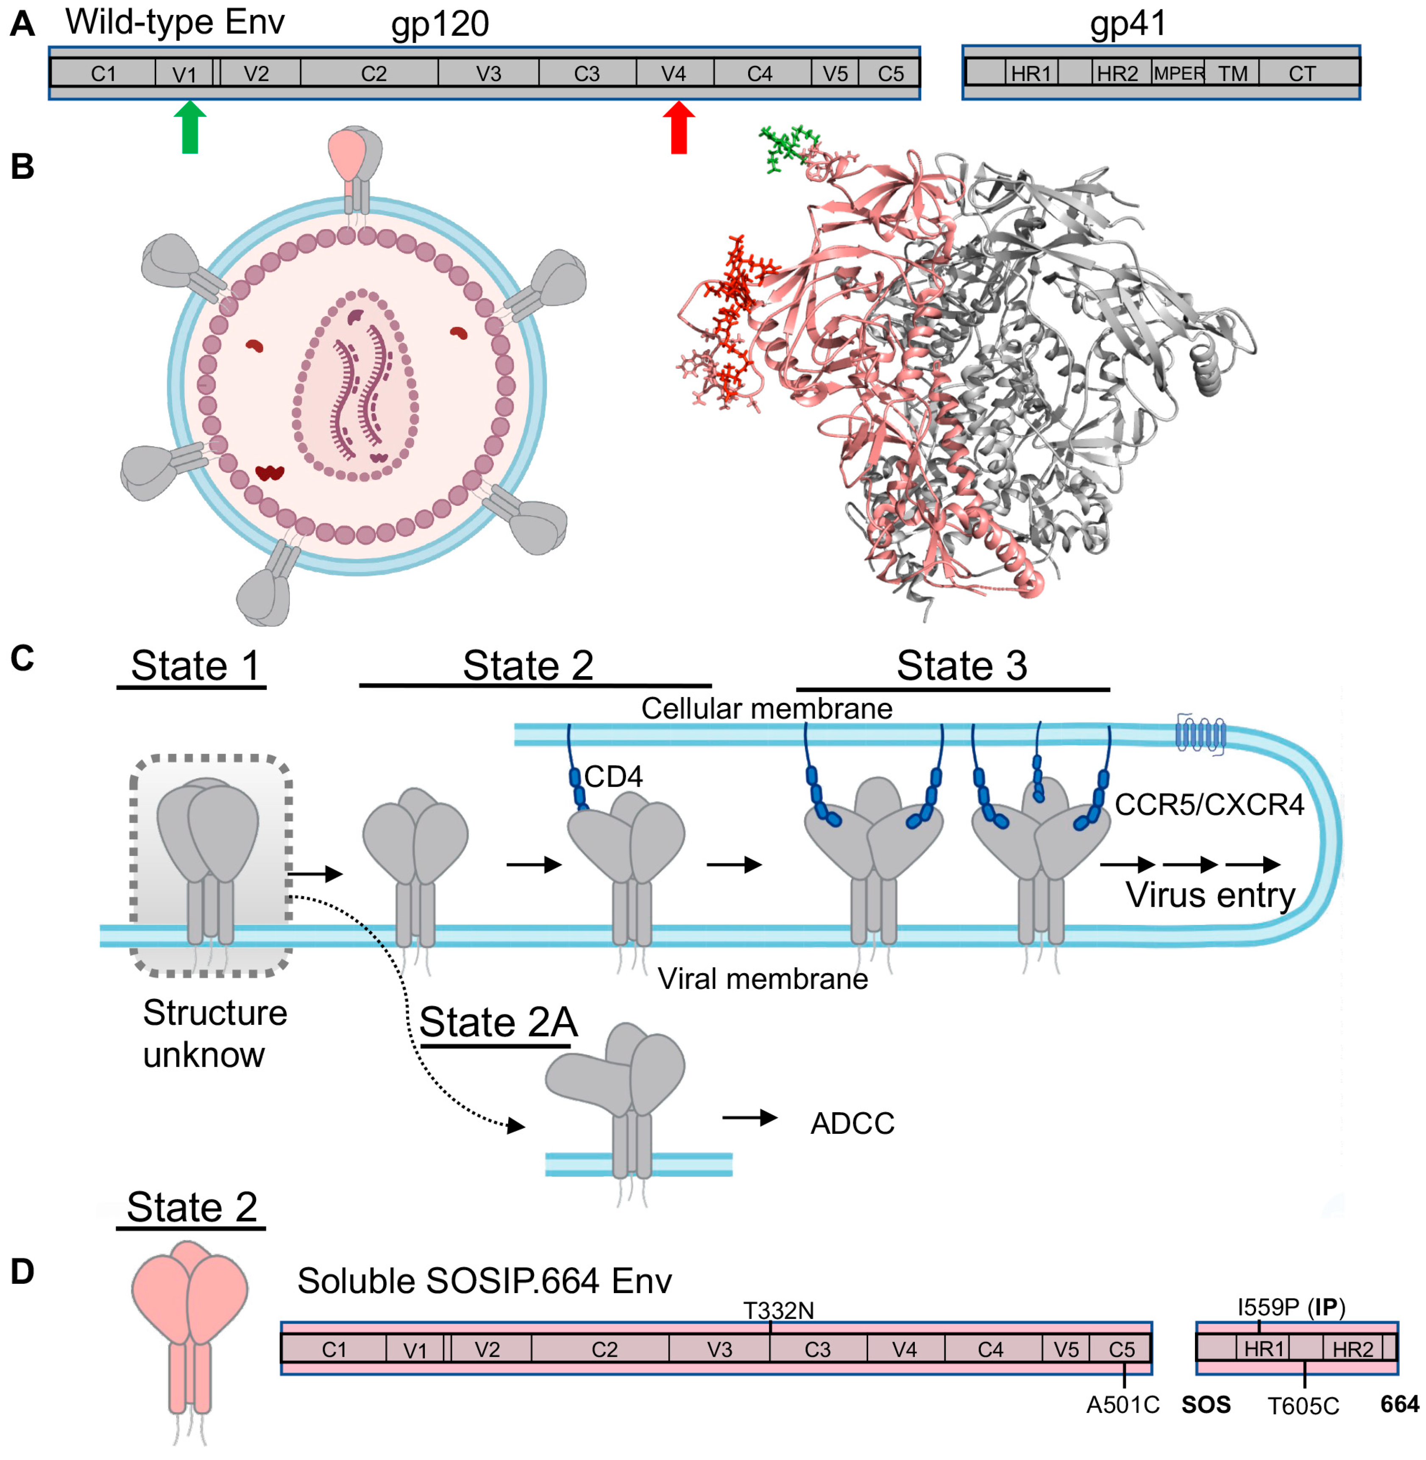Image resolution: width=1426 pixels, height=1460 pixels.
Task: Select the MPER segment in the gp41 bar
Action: pos(1178,73)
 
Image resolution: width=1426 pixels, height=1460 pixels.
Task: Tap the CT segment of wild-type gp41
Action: pos(1302,73)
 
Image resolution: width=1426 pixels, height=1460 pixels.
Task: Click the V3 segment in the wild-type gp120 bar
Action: pos(488,73)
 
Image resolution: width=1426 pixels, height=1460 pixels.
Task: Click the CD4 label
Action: pos(613,777)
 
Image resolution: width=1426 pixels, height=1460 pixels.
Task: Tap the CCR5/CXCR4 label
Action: pos(1209,805)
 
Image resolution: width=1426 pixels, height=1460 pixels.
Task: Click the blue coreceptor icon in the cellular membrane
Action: pos(1200,734)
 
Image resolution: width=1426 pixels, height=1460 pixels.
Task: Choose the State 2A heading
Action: pos(498,1022)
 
